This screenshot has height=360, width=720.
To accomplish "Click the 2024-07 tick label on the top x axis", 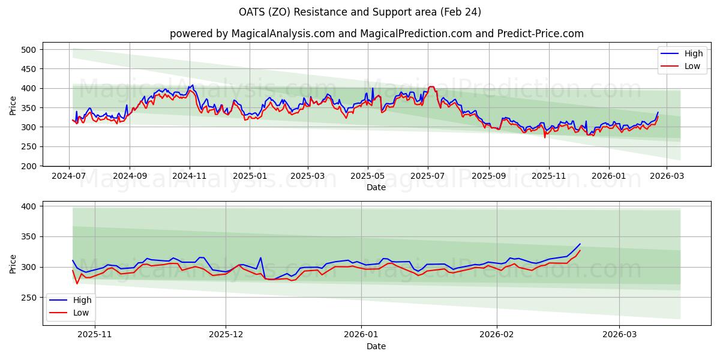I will click(70, 176).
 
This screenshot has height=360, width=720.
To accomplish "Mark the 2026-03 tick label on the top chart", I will click(667, 176).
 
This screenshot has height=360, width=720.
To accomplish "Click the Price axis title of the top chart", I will click(13, 105).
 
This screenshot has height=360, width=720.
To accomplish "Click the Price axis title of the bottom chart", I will click(13, 263).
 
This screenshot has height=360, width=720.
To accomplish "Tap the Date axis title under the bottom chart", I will click(376, 347).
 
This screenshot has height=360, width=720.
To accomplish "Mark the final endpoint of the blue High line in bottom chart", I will click(580, 244).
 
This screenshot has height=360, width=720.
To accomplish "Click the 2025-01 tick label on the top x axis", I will click(249, 176).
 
